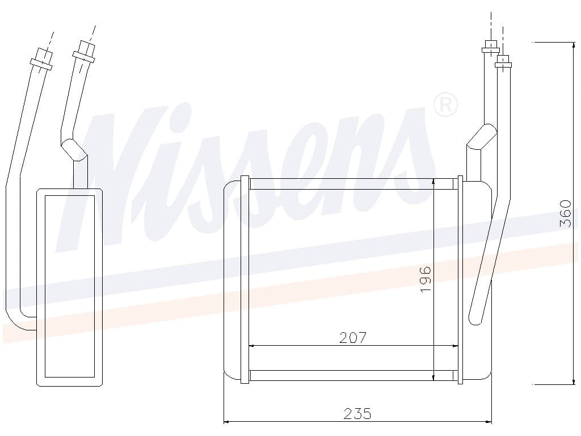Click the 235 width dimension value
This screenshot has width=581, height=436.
(x=357, y=413)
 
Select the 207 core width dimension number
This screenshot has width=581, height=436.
(x=353, y=338)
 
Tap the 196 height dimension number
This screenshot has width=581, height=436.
(x=426, y=279)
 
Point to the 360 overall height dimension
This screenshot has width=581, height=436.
(x=565, y=213)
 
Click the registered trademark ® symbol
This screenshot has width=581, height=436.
(x=445, y=105)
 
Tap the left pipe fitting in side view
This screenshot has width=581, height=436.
(x=41, y=59)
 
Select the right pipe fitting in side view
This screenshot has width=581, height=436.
(x=84, y=51)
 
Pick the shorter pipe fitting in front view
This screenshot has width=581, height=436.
(x=503, y=61)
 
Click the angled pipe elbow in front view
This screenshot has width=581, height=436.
(x=481, y=137)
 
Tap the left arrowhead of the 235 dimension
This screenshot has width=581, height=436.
(x=228, y=422)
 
